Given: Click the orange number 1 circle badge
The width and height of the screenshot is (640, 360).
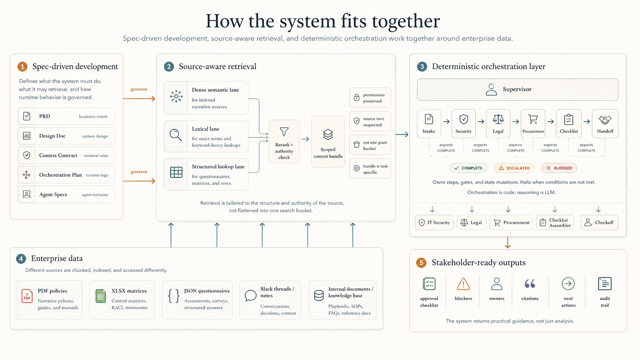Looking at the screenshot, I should (22, 67).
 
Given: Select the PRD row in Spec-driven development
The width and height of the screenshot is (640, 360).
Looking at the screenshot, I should (66, 116).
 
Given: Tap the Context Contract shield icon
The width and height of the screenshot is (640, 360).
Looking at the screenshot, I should (26, 155).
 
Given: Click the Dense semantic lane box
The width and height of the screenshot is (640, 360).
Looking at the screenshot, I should (206, 98).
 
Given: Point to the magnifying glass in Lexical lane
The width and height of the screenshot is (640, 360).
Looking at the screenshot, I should (176, 135).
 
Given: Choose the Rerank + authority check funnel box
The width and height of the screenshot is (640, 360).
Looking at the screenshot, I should (284, 142).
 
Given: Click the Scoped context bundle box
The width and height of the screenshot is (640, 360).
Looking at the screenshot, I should (328, 142).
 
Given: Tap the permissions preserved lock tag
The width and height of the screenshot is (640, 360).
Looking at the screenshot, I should (370, 98).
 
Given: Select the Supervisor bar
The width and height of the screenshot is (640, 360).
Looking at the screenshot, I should (517, 90).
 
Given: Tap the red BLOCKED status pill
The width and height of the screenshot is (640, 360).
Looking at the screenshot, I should (559, 168).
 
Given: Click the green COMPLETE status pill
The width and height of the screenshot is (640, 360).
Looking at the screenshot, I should (468, 168).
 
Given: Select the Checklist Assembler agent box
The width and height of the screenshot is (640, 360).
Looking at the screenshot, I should (555, 222).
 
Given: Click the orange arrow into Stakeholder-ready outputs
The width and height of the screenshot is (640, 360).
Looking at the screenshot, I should (508, 243).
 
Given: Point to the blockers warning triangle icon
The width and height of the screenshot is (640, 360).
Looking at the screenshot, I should (463, 284).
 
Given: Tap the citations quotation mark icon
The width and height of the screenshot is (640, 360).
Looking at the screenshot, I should (530, 284).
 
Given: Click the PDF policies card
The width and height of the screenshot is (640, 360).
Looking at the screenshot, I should (49, 300).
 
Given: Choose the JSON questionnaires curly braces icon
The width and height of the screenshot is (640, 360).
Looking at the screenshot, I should (173, 296).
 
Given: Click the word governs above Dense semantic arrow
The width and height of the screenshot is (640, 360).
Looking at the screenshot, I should (139, 89).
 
